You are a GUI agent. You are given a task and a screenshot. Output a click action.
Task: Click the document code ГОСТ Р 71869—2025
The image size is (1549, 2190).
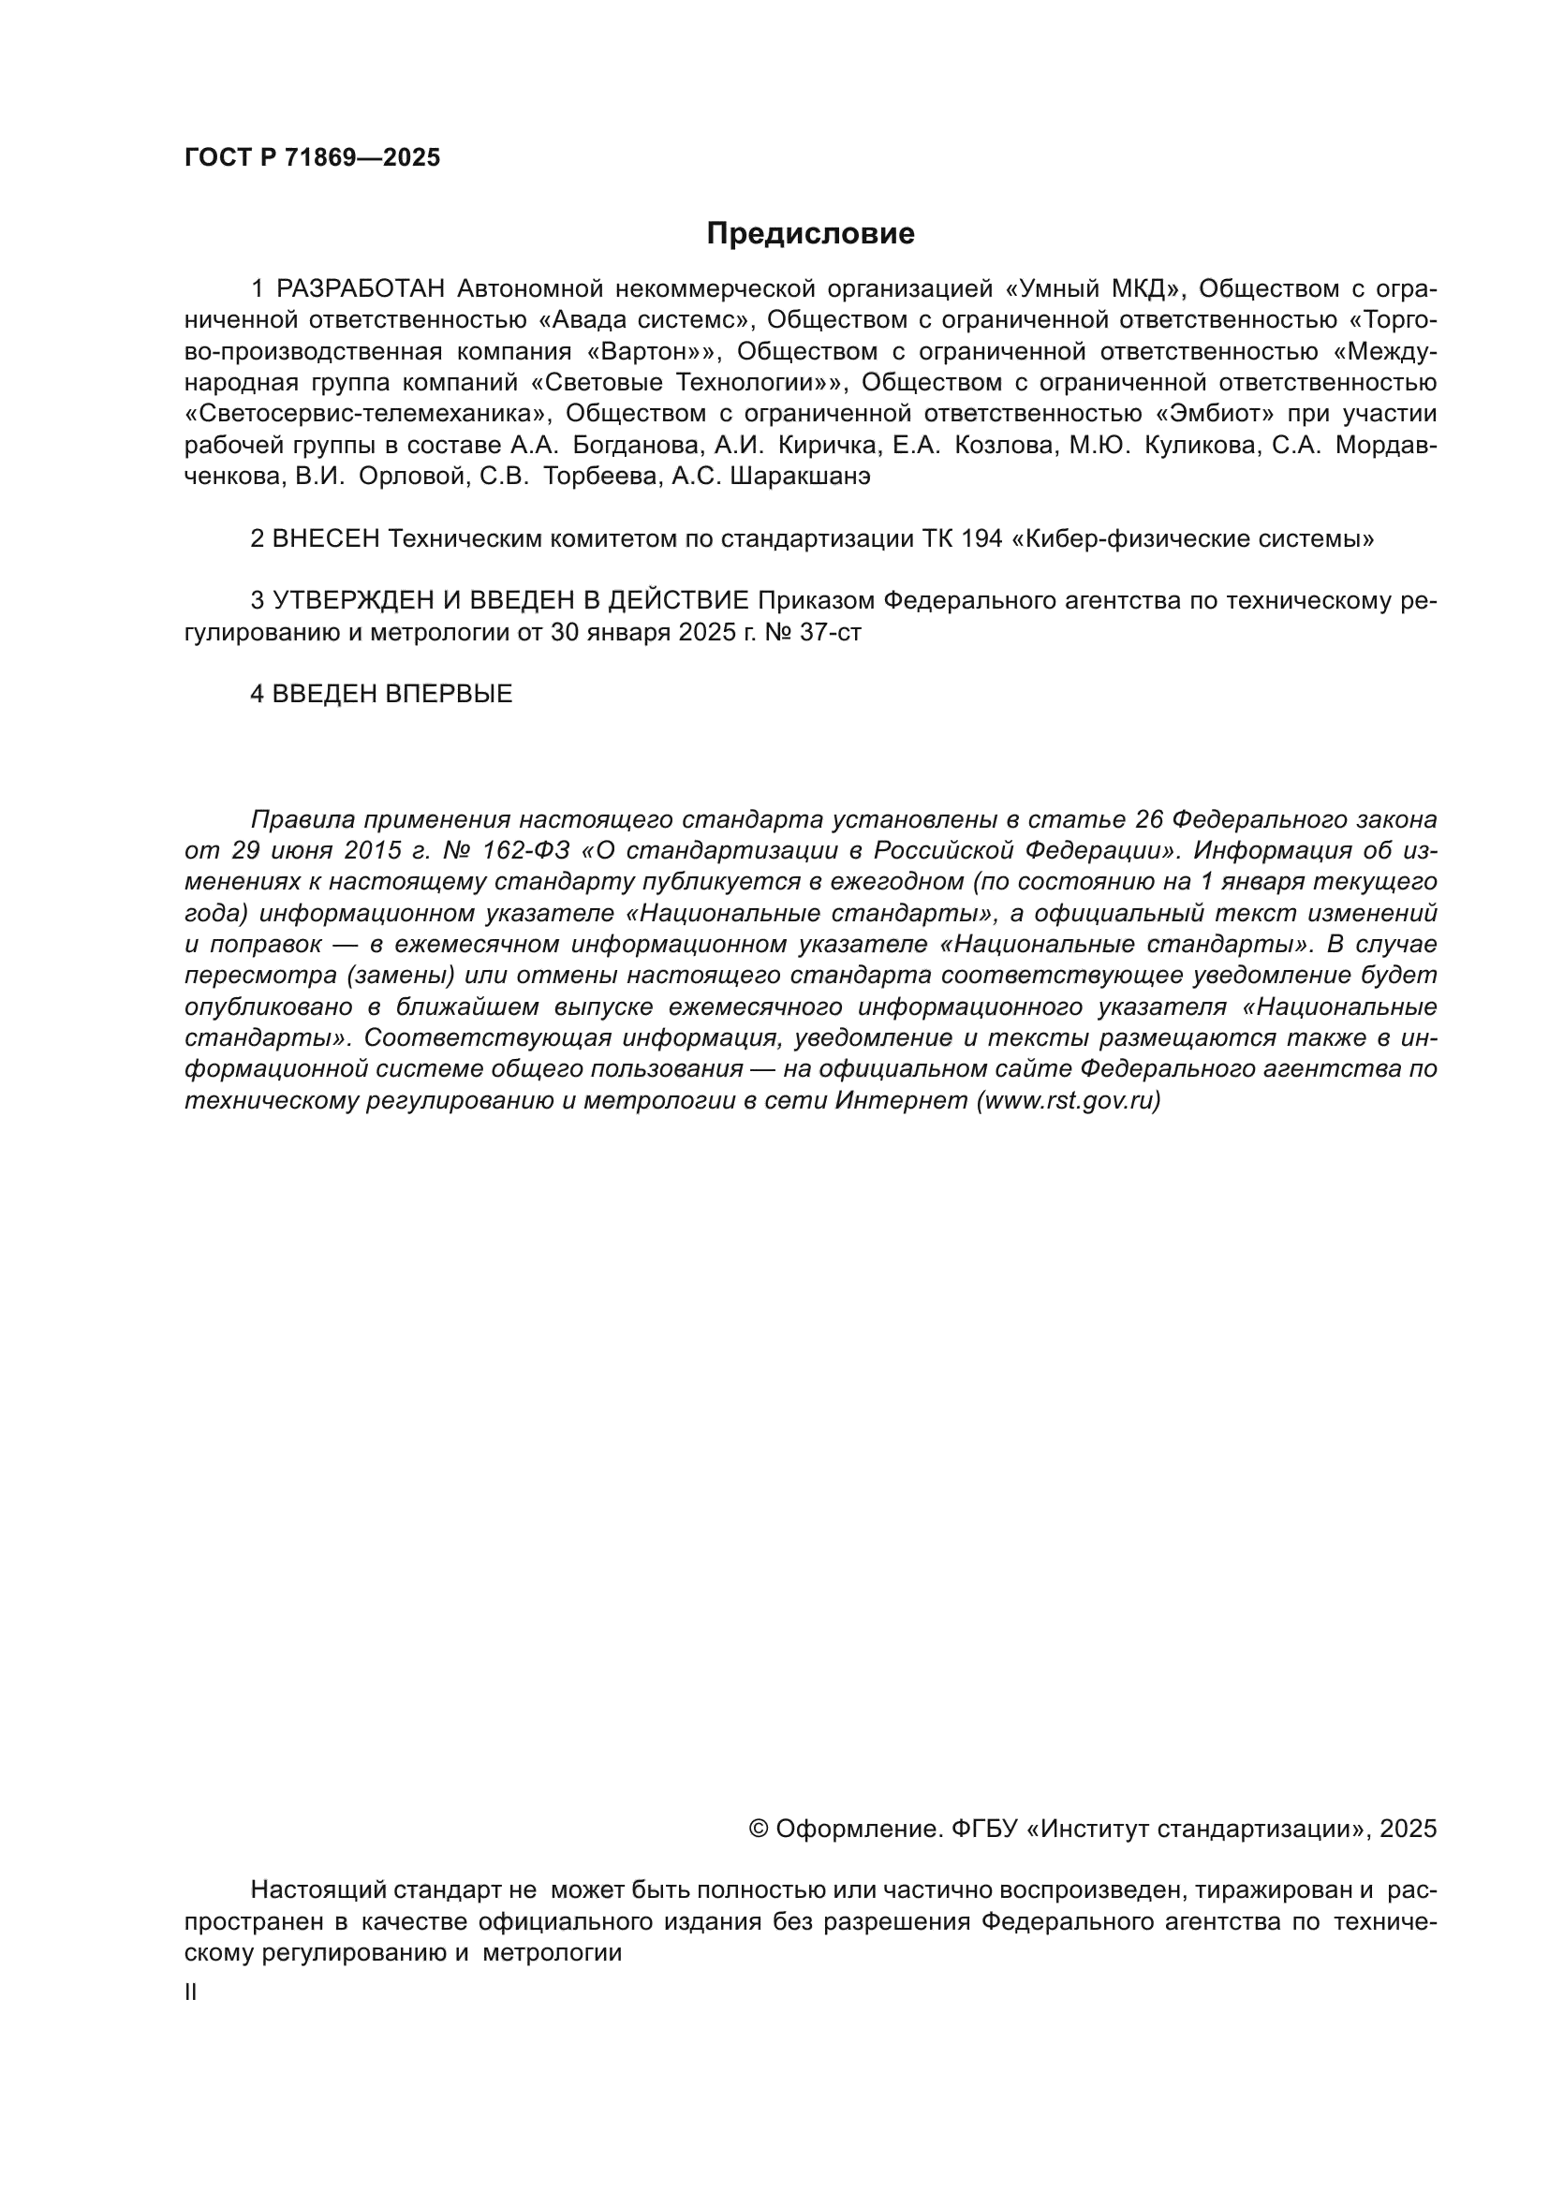pos(312,158)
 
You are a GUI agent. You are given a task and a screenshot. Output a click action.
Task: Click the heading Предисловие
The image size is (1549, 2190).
pos(810,234)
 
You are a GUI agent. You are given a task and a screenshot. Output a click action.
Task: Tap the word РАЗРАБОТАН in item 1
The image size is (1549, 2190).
pos(361,288)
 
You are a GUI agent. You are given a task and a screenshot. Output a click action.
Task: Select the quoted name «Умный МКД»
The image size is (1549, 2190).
pos(1082,288)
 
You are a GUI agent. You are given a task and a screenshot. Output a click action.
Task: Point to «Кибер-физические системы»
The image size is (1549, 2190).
pos(1192,539)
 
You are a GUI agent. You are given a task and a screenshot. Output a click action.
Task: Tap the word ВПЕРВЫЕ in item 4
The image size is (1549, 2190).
pos(449,695)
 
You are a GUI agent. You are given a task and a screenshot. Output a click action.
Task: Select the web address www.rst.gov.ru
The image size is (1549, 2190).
pos(1069,1101)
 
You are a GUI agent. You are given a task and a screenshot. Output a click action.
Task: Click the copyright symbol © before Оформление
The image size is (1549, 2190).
pos(760,1829)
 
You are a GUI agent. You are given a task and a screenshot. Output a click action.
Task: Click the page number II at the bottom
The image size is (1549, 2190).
pos(191,1992)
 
